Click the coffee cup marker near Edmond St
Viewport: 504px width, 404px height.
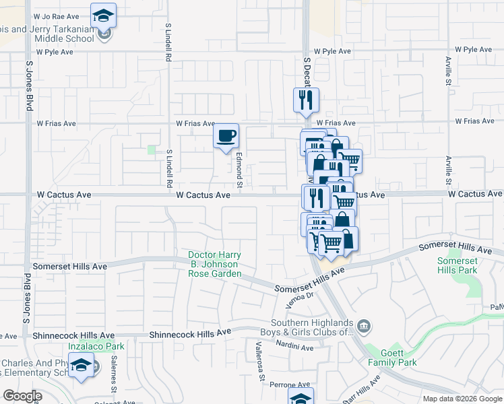pyautogui.click(x=226, y=136)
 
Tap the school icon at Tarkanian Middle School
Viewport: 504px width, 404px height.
pyautogui.click(x=104, y=15)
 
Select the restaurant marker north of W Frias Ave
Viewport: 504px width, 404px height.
pyautogui.click(x=305, y=100)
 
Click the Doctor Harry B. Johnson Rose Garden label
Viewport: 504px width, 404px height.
pyautogui.click(x=214, y=265)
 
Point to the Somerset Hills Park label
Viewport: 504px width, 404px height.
pyautogui.click(x=457, y=265)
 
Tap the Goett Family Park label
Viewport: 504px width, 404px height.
pyautogui.click(x=392, y=358)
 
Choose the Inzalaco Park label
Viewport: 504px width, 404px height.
pyautogui.click(x=92, y=346)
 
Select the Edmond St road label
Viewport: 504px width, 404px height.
pyautogui.click(x=239, y=169)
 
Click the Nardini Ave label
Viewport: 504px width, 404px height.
pyautogui.click(x=295, y=347)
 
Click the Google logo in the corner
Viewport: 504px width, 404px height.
pyautogui.click(x=22, y=396)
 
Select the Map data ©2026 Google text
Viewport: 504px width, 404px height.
pyautogui.click(x=462, y=399)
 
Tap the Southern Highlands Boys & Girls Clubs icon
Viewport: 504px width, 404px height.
pyautogui.click(x=364, y=327)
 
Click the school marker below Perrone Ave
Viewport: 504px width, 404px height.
pyautogui.click(x=301, y=398)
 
